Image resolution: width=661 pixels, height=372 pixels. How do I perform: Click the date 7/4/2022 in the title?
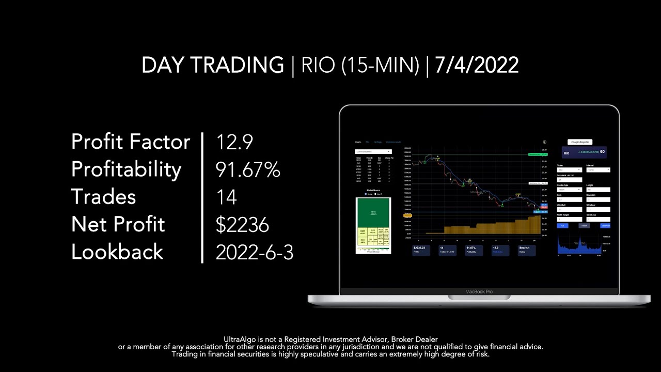pyautogui.click(x=477, y=66)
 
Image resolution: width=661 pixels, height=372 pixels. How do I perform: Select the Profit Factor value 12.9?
pyautogui.click(x=234, y=142)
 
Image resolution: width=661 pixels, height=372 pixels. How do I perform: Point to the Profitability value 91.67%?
pyautogui.click(x=247, y=169)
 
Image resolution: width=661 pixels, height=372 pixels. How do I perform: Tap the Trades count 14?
pyautogui.click(x=226, y=197)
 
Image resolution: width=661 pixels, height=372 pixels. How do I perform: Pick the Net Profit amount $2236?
pyautogui.click(x=242, y=224)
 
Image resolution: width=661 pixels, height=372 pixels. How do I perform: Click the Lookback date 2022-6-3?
pyautogui.click(x=254, y=252)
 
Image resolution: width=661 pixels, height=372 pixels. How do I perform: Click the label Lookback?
pyautogui.click(x=117, y=252)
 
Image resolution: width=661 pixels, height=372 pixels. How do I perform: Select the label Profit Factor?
pyautogui.click(x=131, y=142)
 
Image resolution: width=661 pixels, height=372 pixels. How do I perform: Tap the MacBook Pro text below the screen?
pyautogui.click(x=479, y=292)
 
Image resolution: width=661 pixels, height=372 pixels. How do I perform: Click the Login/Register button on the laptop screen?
pyautogui.click(x=580, y=142)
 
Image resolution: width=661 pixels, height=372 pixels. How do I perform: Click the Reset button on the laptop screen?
pyautogui.click(x=584, y=226)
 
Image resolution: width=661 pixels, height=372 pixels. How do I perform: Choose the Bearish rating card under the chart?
pyautogui.click(x=526, y=250)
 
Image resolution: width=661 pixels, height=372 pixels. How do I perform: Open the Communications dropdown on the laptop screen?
pyautogui.click(x=373, y=151)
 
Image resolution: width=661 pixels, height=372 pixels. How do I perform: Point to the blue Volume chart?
pyautogui.click(x=579, y=245)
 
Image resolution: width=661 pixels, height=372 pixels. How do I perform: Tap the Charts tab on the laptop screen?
pyautogui.click(x=358, y=142)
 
